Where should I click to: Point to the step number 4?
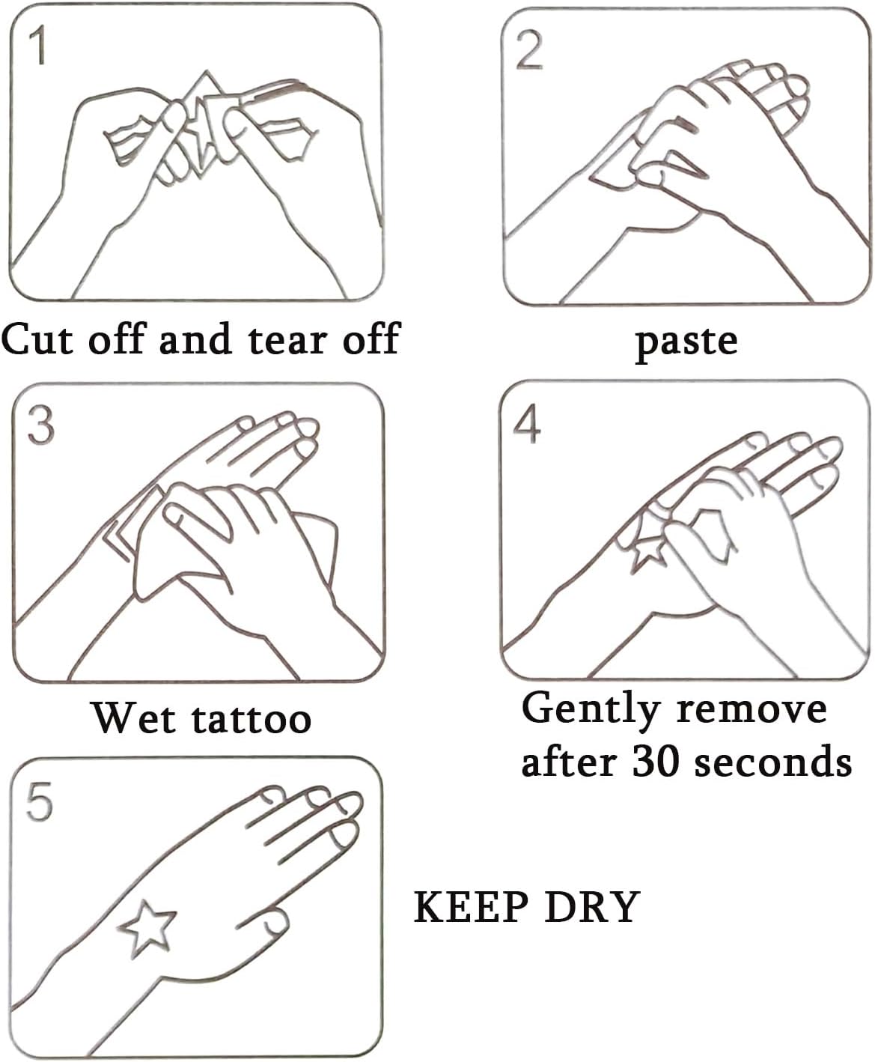click(x=527, y=425)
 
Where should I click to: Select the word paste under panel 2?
click(x=687, y=343)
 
